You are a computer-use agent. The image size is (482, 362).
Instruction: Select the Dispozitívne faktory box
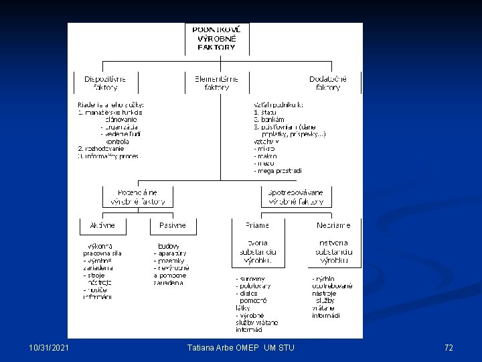[x=104, y=82]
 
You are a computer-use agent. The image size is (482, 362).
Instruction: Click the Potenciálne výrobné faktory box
[x=137, y=196]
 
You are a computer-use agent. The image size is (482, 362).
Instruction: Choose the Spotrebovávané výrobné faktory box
[x=296, y=196]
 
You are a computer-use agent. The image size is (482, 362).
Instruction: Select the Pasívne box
[x=173, y=225]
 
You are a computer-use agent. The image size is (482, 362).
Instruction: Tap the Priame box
[x=256, y=225]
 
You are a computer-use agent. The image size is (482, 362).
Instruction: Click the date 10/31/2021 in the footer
[x=49, y=347]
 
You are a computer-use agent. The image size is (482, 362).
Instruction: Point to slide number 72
[x=449, y=347]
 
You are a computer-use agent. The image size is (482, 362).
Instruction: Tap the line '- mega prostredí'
[x=278, y=170]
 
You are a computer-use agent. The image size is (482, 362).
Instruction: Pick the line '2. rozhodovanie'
[x=100, y=148]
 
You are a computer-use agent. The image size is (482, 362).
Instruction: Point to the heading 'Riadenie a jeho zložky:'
[x=111, y=105]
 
